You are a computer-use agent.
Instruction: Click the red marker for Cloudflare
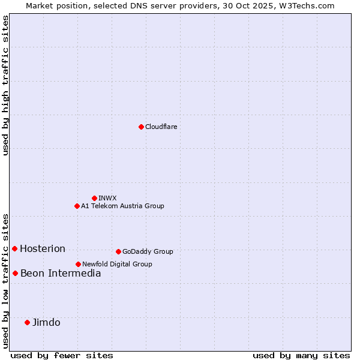[141, 127]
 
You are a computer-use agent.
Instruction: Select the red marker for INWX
[94, 198]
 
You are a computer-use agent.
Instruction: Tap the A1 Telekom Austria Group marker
[77, 206]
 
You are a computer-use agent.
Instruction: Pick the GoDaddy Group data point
[118, 251]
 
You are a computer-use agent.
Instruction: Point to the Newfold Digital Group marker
[78, 264]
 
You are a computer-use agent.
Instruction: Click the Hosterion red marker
[14, 248]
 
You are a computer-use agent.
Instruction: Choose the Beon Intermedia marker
[15, 273]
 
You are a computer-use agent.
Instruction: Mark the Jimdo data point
[27, 322]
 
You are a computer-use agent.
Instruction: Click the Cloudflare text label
[161, 127]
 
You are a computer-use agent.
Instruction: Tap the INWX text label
[107, 198]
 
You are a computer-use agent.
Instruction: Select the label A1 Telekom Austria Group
[122, 206]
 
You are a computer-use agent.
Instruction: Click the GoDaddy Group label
[148, 251]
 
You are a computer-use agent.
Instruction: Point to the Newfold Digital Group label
[117, 264]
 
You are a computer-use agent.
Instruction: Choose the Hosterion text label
[43, 248]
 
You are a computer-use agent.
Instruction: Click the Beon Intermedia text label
[61, 273]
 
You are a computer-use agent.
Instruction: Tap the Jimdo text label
[46, 322]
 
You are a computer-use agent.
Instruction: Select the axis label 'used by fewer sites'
[62, 355]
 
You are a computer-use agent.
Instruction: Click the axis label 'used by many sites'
[301, 355]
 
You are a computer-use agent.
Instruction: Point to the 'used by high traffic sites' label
[5, 85]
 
